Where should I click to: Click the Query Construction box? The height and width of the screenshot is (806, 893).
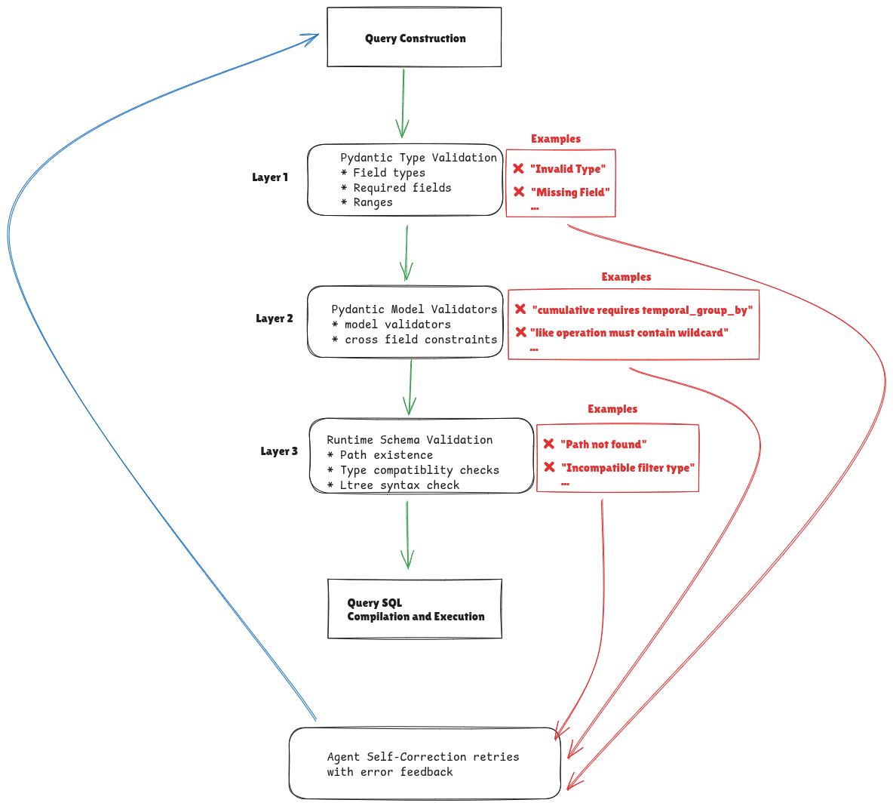tap(414, 38)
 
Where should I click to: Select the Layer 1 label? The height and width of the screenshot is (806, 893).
tap(270, 177)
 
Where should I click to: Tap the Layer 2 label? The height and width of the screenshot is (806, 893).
tap(275, 318)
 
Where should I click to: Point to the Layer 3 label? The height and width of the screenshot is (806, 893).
tap(279, 451)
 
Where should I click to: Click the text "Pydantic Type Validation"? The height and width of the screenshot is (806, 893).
tap(419, 158)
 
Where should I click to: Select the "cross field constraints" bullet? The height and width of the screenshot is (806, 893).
tap(420, 340)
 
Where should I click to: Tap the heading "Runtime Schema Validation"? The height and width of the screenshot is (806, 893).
tap(410, 440)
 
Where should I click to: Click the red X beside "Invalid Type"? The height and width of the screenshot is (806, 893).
tap(518, 169)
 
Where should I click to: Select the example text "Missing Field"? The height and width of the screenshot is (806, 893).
tap(570, 192)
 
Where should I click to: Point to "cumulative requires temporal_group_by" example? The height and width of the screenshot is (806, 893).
tap(643, 310)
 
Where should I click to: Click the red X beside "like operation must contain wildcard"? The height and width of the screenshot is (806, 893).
tap(520, 332)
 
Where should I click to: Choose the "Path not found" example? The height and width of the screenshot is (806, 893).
tap(603, 445)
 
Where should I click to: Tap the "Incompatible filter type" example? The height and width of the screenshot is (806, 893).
tap(628, 468)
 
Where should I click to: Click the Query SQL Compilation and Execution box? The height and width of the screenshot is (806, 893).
tap(415, 609)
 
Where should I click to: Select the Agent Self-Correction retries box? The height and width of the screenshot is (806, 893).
tap(424, 764)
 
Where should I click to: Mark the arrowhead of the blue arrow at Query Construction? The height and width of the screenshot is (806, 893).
tap(312, 38)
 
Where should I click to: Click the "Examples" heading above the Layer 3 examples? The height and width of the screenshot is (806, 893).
tap(612, 409)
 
